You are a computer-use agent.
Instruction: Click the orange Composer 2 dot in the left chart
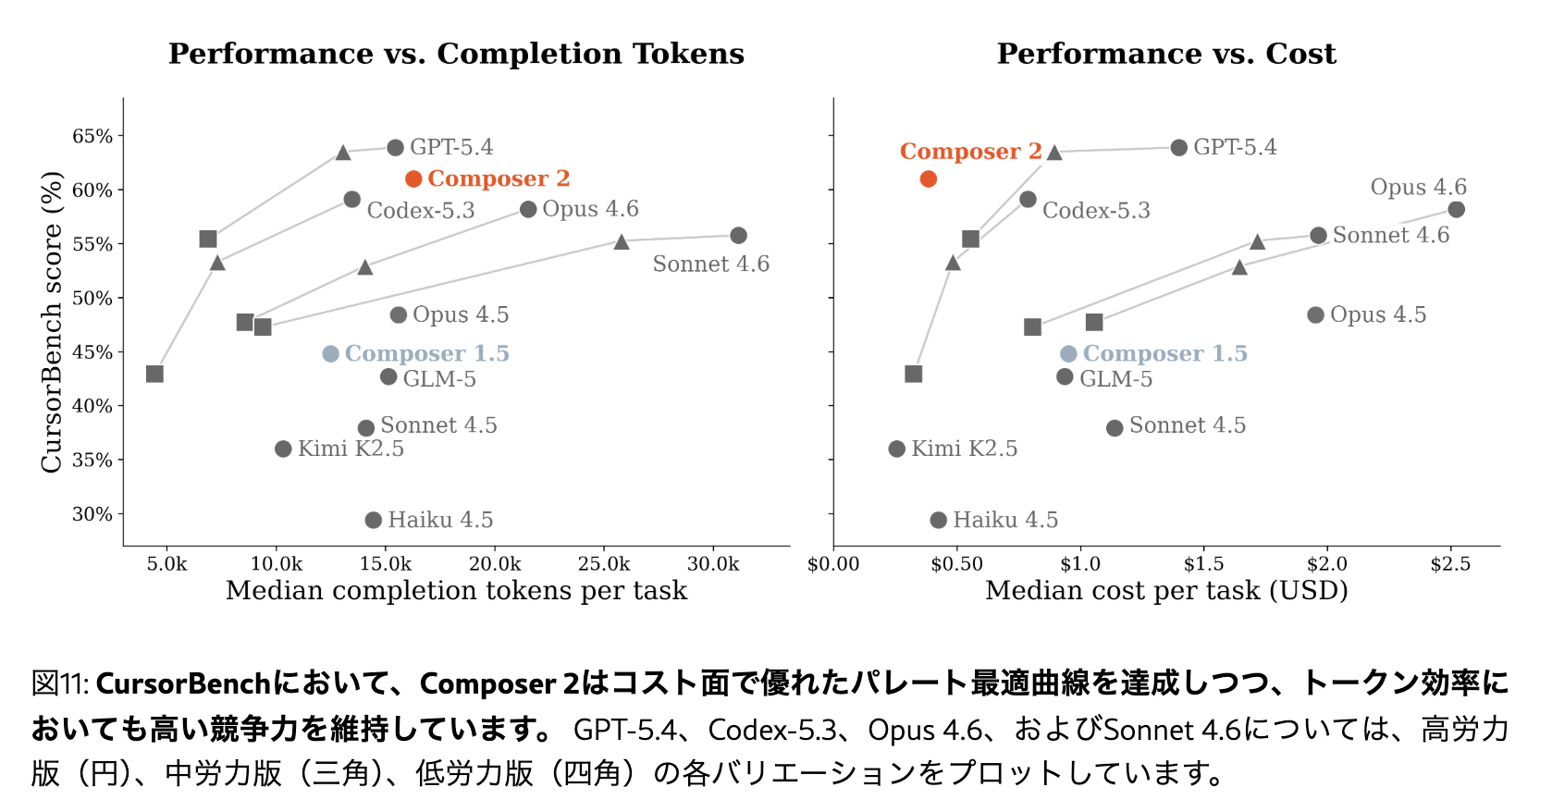(x=413, y=178)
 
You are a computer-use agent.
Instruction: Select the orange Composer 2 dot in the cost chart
(x=929, y=178)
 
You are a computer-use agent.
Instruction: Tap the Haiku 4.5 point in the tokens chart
(x=374, y=521)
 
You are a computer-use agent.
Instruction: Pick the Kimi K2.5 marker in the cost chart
(x=896, y=449)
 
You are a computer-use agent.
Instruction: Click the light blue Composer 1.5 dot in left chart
(x=330, y=353)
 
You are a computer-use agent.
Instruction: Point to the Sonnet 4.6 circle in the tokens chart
(x=738, y=236)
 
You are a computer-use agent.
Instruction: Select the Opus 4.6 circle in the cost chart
(x=1456, y=210)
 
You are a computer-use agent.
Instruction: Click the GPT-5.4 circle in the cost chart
(x=1178, y=148)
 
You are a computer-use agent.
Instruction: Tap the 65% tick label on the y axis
(x=92, y=136)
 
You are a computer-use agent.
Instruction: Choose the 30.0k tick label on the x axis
(x=713, y=564)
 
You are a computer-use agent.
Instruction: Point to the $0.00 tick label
(x=833, y=564)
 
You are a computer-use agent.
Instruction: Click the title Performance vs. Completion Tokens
(x=456, y=54)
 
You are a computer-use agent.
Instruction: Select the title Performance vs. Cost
(x=1165, y=54)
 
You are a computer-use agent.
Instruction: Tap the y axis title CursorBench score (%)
(x=52, y=321)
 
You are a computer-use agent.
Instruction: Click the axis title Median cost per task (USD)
(x=1165, y=591)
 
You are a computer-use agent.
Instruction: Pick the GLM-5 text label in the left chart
(x=439, y=379)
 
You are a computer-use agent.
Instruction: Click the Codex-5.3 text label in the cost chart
(x=1096, y=211)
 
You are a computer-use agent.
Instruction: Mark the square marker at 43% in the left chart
(x=154, y=374)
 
